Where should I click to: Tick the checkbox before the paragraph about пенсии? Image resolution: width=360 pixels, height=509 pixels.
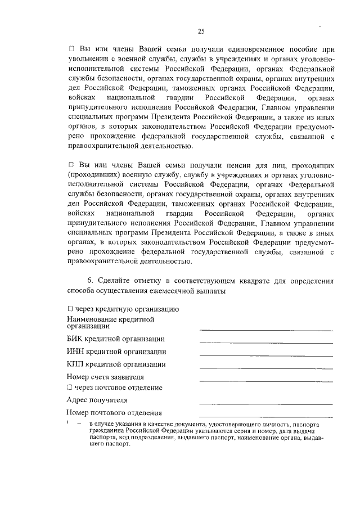pyautogui.click(x=71, y=165)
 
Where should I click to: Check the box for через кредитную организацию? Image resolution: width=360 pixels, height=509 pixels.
pyautogui.click(x=70, y=309)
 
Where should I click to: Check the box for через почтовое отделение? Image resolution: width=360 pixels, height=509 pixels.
pyautogui.click(x=70, y=388)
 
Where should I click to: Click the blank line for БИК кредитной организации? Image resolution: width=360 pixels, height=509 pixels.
pyautogui.click(x=265, y=342)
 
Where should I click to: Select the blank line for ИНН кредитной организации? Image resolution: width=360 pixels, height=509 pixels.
pyautogui.click(x=265, y=355)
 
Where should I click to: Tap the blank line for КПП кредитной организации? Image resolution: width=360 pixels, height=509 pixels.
pyautogui.click(x=265, y=368)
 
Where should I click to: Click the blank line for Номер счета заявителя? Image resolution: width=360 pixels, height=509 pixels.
pyautogui.click(x=265, y=381)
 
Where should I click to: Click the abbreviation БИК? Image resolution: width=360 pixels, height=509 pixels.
pyautogui.click(x=75, y=339)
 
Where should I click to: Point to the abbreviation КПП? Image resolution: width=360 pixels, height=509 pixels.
pyautogui.click(x=76, y=364)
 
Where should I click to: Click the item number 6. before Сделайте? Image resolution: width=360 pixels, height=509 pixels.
pyautogui.click(x=90, y=281)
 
